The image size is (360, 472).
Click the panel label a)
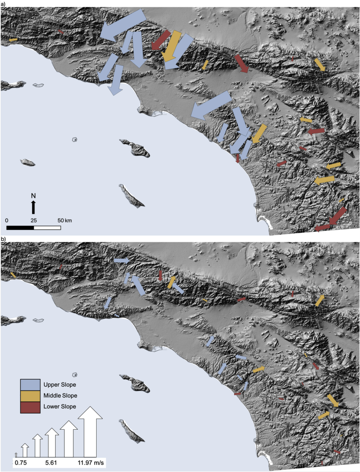[x=3, y=4]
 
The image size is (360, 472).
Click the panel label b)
[x=3, y=240]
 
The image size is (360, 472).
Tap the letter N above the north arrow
[x=33, y=195]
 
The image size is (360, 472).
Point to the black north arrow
[x=33, y=207]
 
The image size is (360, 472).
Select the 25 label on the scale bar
[x=34, y=220]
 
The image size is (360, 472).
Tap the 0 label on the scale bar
[x=7, y=220]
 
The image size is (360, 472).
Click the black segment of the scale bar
[x=20, y=228]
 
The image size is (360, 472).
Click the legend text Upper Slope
[x=60, y=383]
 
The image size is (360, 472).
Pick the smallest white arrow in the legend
[x=16, y=455]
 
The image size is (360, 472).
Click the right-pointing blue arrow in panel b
[x=122, y=260]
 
